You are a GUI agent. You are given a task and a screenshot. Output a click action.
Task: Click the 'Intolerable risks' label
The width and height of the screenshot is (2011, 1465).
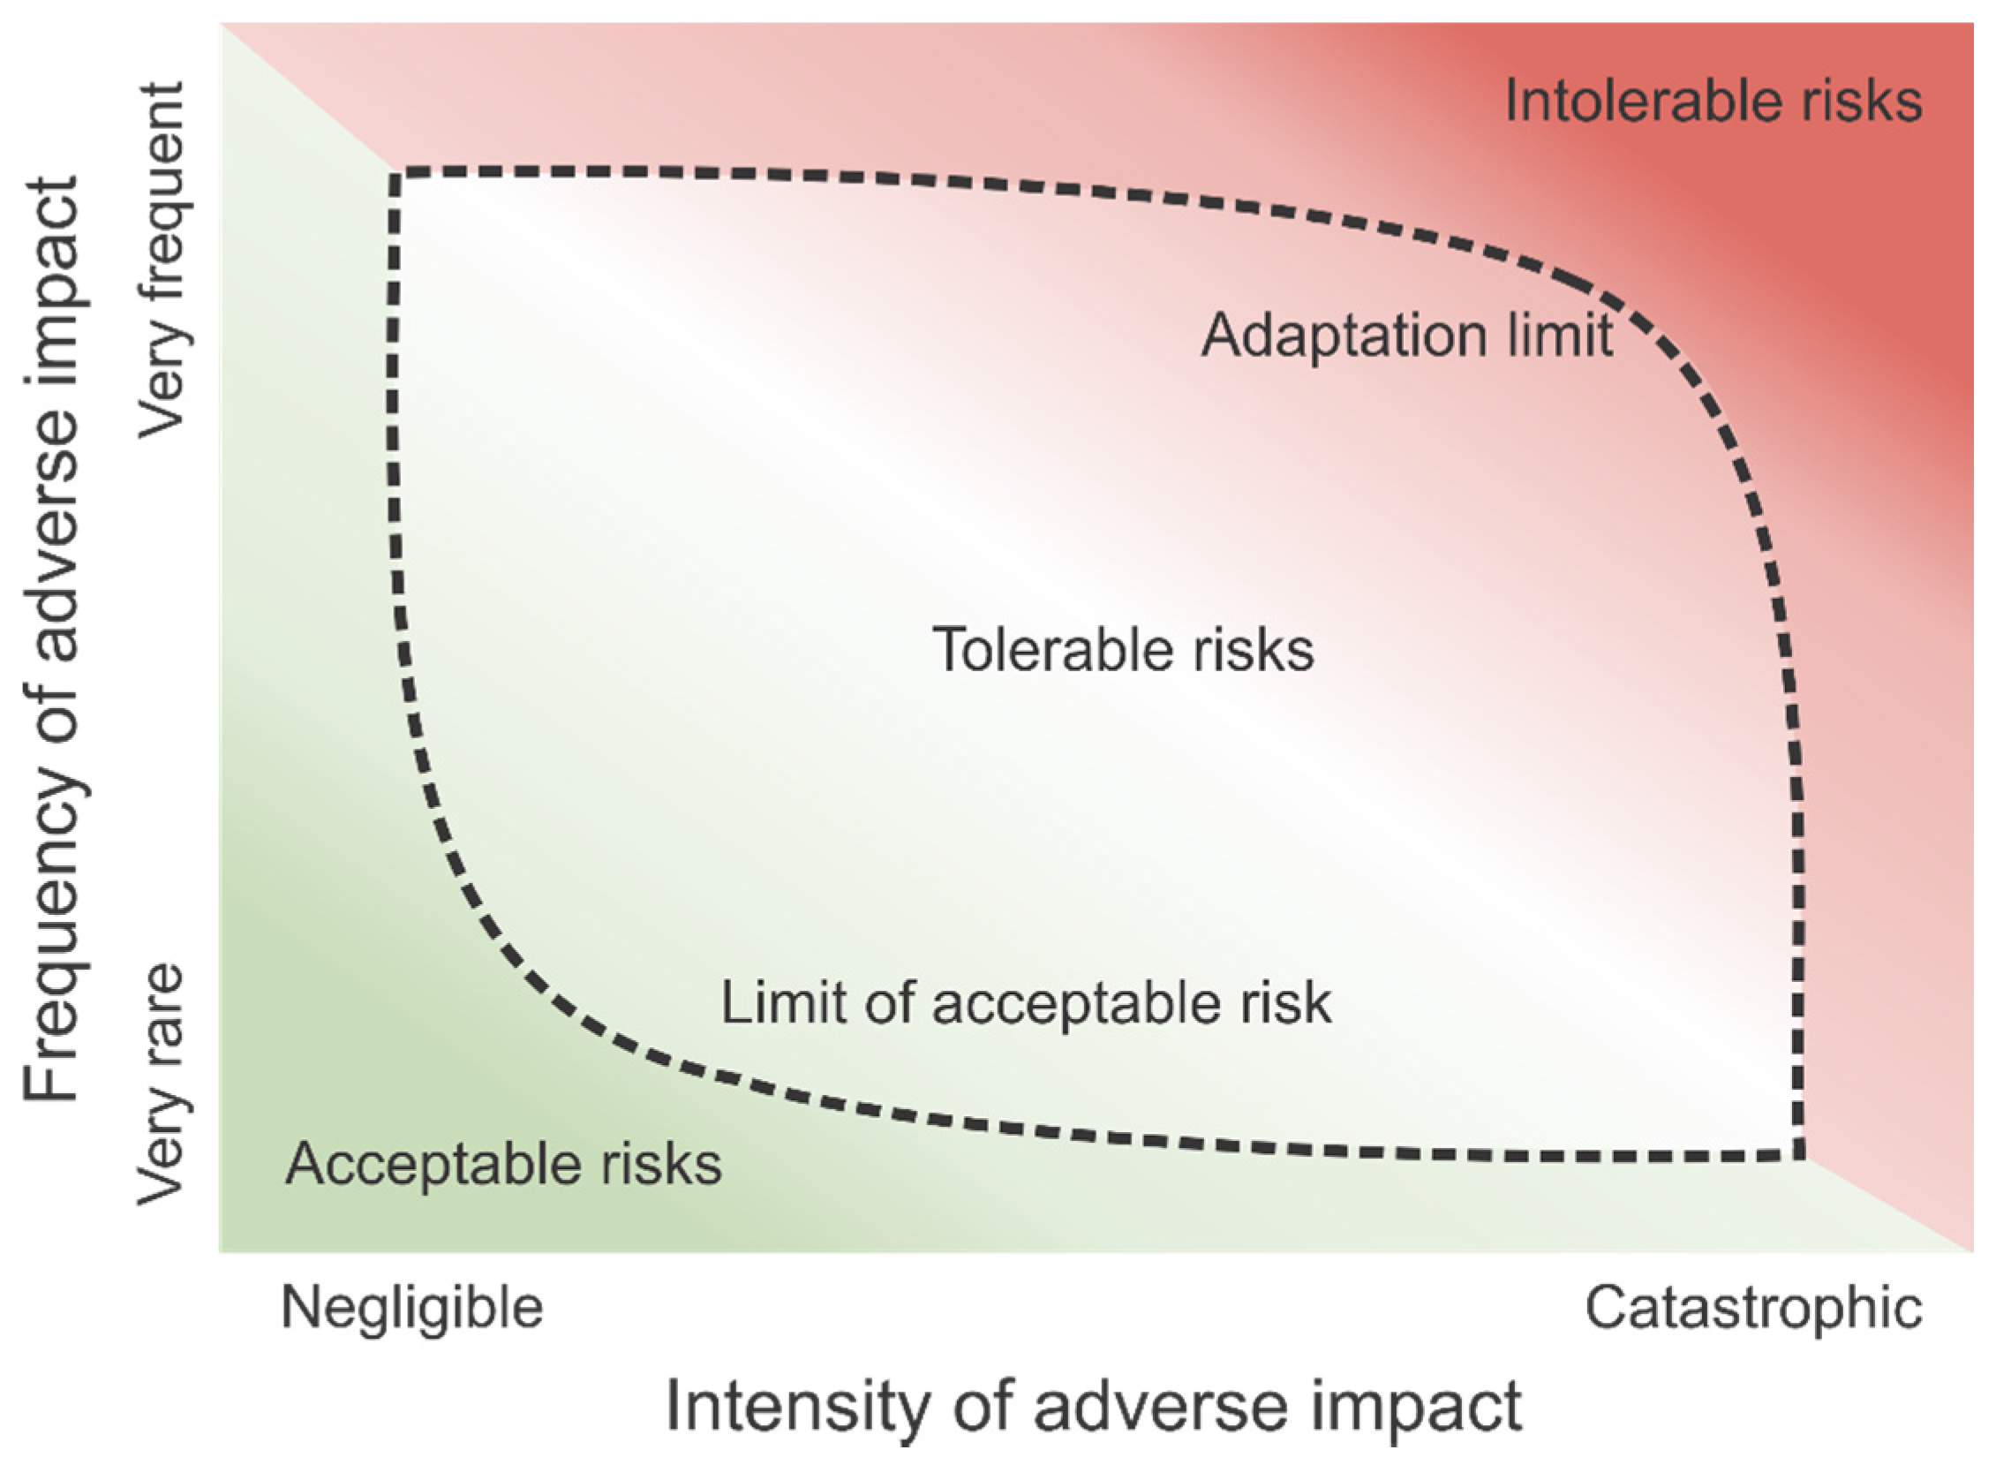click(x=1713, y=101)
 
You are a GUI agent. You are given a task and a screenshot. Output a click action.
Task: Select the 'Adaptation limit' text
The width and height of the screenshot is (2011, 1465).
click(x=1406, y=337)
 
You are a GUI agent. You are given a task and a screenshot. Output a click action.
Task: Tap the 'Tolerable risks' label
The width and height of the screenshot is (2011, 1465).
click(x=1123, y=650)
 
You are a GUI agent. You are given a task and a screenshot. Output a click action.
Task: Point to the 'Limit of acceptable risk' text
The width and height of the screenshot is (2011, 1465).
click(x=1026, y=1003)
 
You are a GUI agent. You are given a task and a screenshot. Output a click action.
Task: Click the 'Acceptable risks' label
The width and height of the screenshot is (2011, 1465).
click(x=503, y=1164)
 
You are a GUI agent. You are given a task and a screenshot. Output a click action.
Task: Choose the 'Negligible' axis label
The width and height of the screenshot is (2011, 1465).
click(x=411, y=1308)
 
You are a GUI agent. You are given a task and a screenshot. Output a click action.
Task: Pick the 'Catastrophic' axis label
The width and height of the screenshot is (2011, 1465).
click(x=1753, y=1308)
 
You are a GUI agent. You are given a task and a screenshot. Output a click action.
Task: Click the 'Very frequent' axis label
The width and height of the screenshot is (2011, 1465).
click(x=162, y=260)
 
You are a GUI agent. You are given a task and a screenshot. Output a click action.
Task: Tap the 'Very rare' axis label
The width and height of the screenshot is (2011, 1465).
click(x=162, y=1084)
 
